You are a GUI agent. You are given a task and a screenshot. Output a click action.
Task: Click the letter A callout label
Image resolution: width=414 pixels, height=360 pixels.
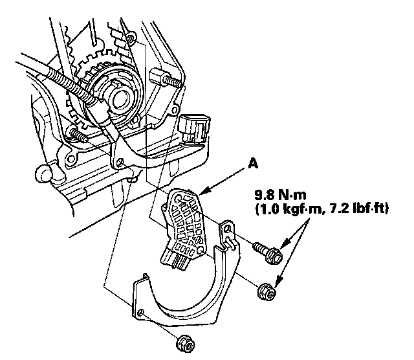coord(252,164)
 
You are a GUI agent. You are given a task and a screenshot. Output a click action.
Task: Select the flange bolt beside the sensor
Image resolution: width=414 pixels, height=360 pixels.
coord(268,253)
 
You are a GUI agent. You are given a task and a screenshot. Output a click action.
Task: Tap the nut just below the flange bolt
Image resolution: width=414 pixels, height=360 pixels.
coord(267,293)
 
